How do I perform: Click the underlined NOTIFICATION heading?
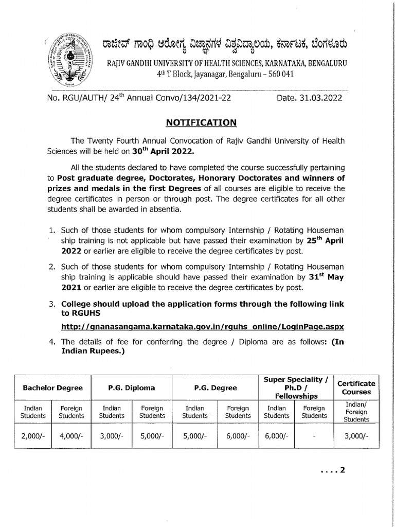click(x=201, y=122)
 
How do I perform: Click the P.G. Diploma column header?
click(x=131, y=388)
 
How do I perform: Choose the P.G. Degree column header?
click(x=216, y=388)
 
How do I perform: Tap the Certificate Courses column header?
click(x=356, y=388)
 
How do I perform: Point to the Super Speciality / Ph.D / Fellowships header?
click(x=295, y=388)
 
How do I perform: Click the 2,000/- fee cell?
click(x=33, y=435)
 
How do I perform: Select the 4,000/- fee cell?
click(x=71, y=435)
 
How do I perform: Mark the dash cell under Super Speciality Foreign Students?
click(x=314, y=435)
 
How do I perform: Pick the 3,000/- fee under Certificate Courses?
click(x=356, y=435)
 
